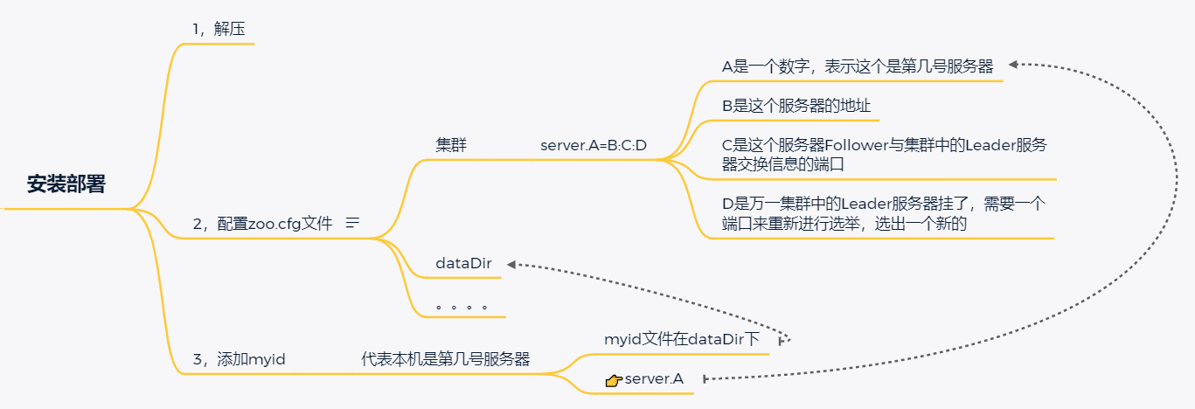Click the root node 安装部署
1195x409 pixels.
[x=66, y=184]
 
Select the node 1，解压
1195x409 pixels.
[x=218, y=29]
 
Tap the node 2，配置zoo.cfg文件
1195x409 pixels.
[x=262, y=223]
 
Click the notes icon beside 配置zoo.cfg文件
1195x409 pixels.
[x=353, y=223]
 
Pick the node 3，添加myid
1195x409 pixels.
[x=239, y=358]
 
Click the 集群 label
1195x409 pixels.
[x=451, y=145]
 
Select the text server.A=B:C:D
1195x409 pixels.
[x=594, y=145]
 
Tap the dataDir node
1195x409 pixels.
[x=463, y=263]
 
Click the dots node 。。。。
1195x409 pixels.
[x=461, y=308]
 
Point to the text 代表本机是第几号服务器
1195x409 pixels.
[x=445, y=358]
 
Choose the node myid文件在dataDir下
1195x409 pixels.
[x=682, y=339]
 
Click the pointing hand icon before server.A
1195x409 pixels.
[x=613, y=379]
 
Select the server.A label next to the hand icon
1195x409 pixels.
[x=654, y=378]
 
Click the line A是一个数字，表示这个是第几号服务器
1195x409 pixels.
[x=857, y=66]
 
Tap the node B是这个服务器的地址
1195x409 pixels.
[x=796, y=106]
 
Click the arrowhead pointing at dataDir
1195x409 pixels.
[x=512, y=263]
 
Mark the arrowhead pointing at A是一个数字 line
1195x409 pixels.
[x=1013, y=64]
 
